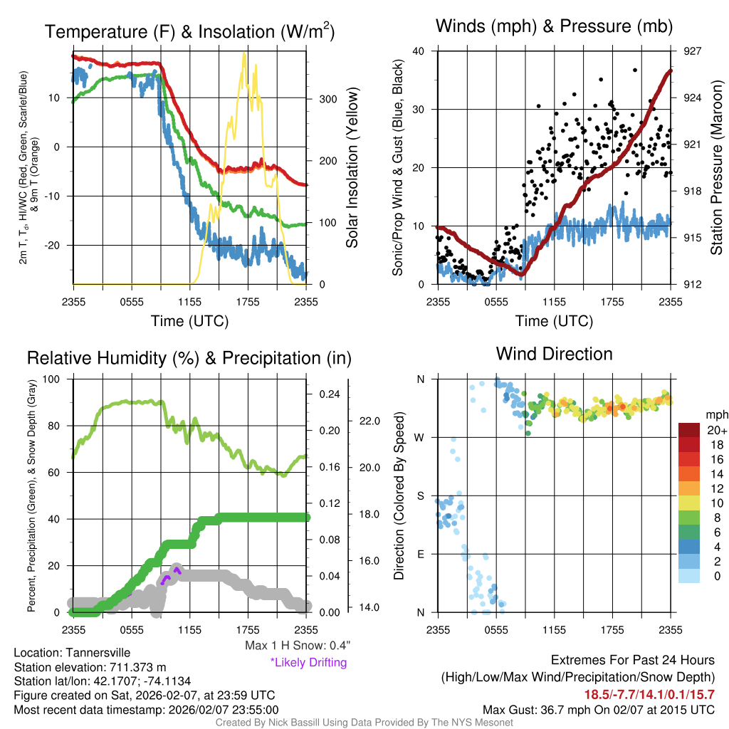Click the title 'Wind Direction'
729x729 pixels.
tap(554, 354)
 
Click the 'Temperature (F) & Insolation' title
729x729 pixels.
tap(189, 32)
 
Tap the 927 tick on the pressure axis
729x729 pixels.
tap(693, 51)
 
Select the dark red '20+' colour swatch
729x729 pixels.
tap(690, 430)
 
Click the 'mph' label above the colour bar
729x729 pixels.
tap(715, 414)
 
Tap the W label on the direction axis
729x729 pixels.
tap(420, 437)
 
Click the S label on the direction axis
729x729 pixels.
tap(421, 495)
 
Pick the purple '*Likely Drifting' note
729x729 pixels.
tap(308, 663)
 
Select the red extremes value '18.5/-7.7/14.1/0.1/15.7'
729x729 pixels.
tap(649, 694)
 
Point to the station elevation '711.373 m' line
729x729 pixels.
tap(90, 667)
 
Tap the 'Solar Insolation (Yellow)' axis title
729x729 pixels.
tap(352, 168)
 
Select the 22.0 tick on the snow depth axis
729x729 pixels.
tap(367, 421)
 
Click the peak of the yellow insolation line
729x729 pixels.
tap(244, 54)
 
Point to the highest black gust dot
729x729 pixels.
tap(634, 70)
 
